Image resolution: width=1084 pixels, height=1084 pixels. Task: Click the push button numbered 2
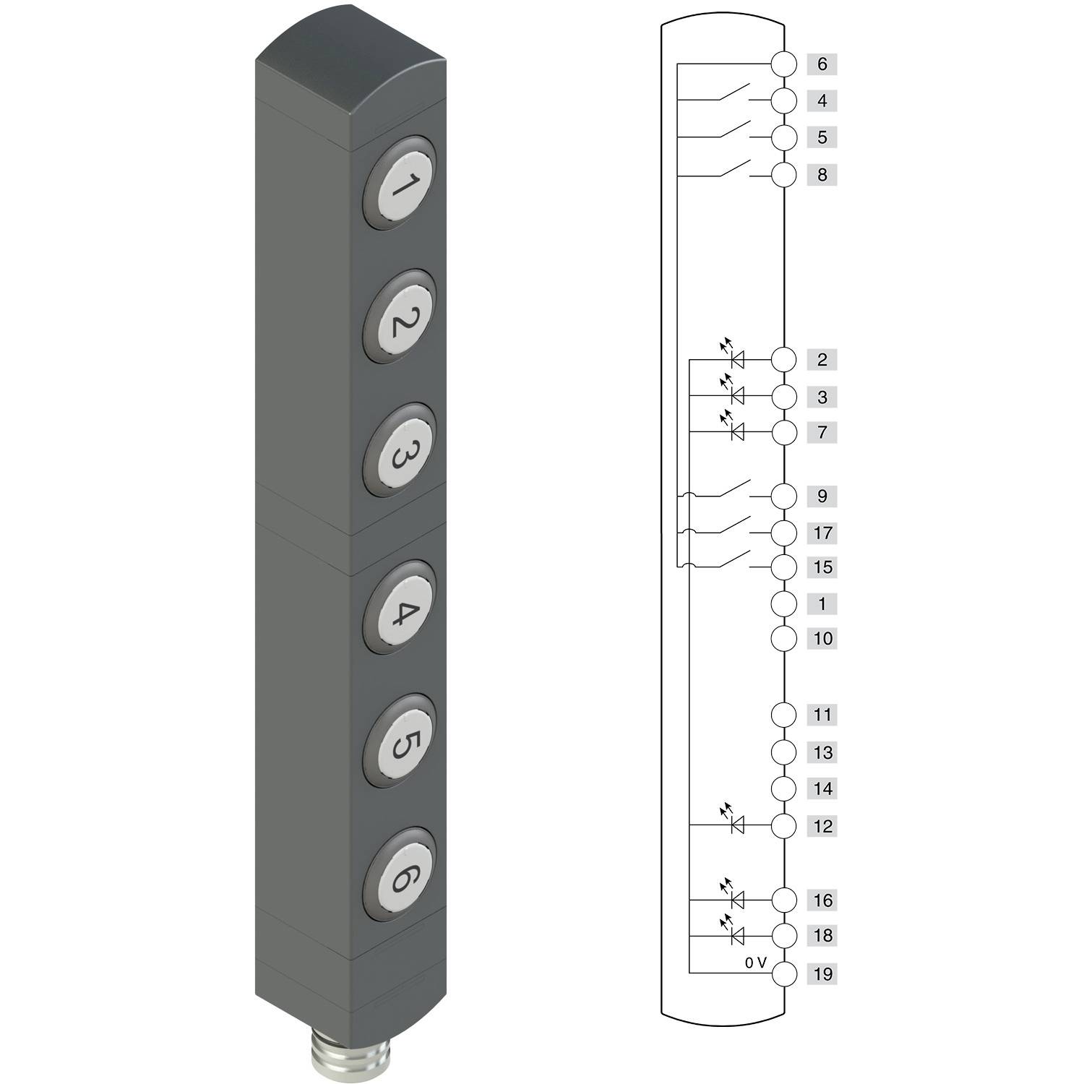pos(400,317)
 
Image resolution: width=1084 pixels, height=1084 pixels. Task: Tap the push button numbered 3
pos(400,451)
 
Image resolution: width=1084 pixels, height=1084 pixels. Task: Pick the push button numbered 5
pos(400,741)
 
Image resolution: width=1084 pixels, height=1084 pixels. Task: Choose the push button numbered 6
pos(400,875)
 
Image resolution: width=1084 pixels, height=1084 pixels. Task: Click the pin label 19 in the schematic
pos(822,974)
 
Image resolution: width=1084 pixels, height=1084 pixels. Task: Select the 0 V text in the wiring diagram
pos(755,963)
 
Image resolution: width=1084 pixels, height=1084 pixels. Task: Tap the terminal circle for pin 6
pos(784,64)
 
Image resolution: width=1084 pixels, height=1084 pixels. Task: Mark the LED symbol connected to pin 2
pos(736,358)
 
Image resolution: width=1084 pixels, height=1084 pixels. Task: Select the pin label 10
pos(822,639)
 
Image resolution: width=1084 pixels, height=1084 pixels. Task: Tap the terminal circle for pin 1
pos(784,603)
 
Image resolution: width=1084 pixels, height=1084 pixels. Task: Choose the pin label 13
pos(822,752)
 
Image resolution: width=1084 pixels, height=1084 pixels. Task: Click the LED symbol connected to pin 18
pos(736,935)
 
